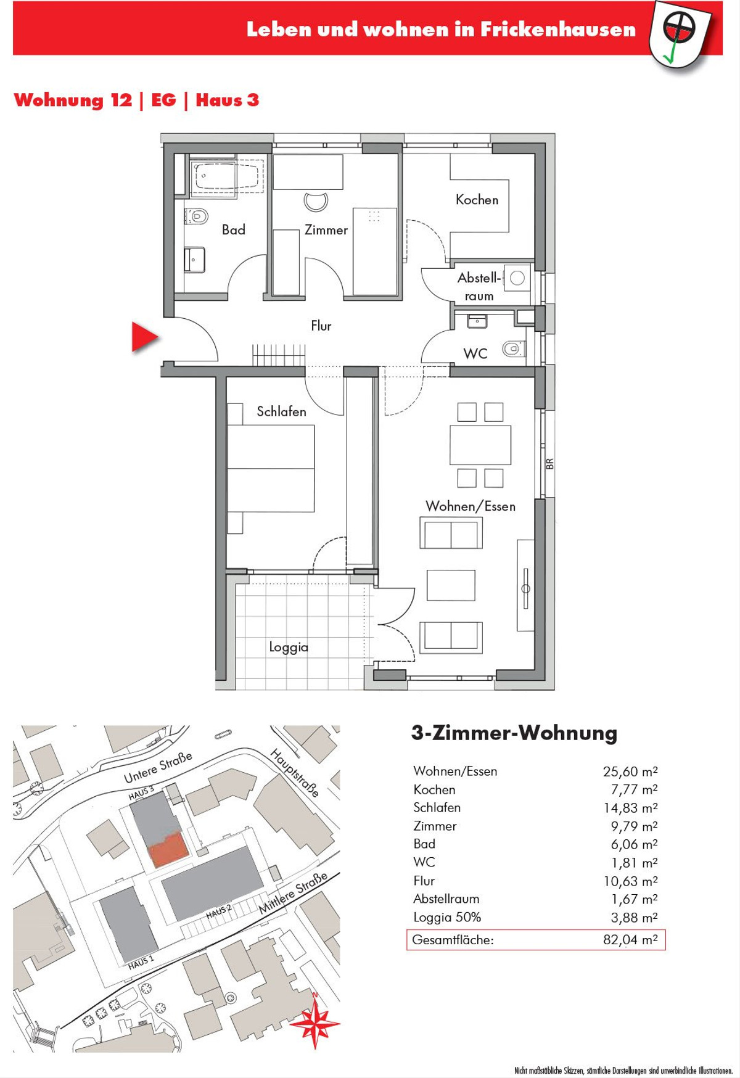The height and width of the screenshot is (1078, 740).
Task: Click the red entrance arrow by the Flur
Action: pos(145,337)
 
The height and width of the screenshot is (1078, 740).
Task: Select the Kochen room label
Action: pos(477,200)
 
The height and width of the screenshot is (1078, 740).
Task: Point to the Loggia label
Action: pos(289,648)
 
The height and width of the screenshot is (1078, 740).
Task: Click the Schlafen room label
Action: pos(281,411)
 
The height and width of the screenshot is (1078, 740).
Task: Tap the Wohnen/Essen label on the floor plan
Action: pos(471,506)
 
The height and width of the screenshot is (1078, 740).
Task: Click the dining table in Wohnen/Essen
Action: pos(480,445)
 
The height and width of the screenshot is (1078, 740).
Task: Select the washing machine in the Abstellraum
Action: pos(517,278)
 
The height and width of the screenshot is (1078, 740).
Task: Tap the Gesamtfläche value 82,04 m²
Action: pos(630,940)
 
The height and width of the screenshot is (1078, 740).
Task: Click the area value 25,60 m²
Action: pos(630,771)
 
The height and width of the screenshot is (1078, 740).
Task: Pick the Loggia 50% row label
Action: pos(447,918)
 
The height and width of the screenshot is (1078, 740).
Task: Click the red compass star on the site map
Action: pos(315,1023)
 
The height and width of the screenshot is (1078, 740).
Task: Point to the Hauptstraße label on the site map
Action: pos(295,773)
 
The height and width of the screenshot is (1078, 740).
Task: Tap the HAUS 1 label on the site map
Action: pos(141,961)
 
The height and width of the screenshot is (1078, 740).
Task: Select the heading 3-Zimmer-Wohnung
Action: pos(514,733)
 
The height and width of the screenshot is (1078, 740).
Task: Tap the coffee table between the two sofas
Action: pos(451,585)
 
